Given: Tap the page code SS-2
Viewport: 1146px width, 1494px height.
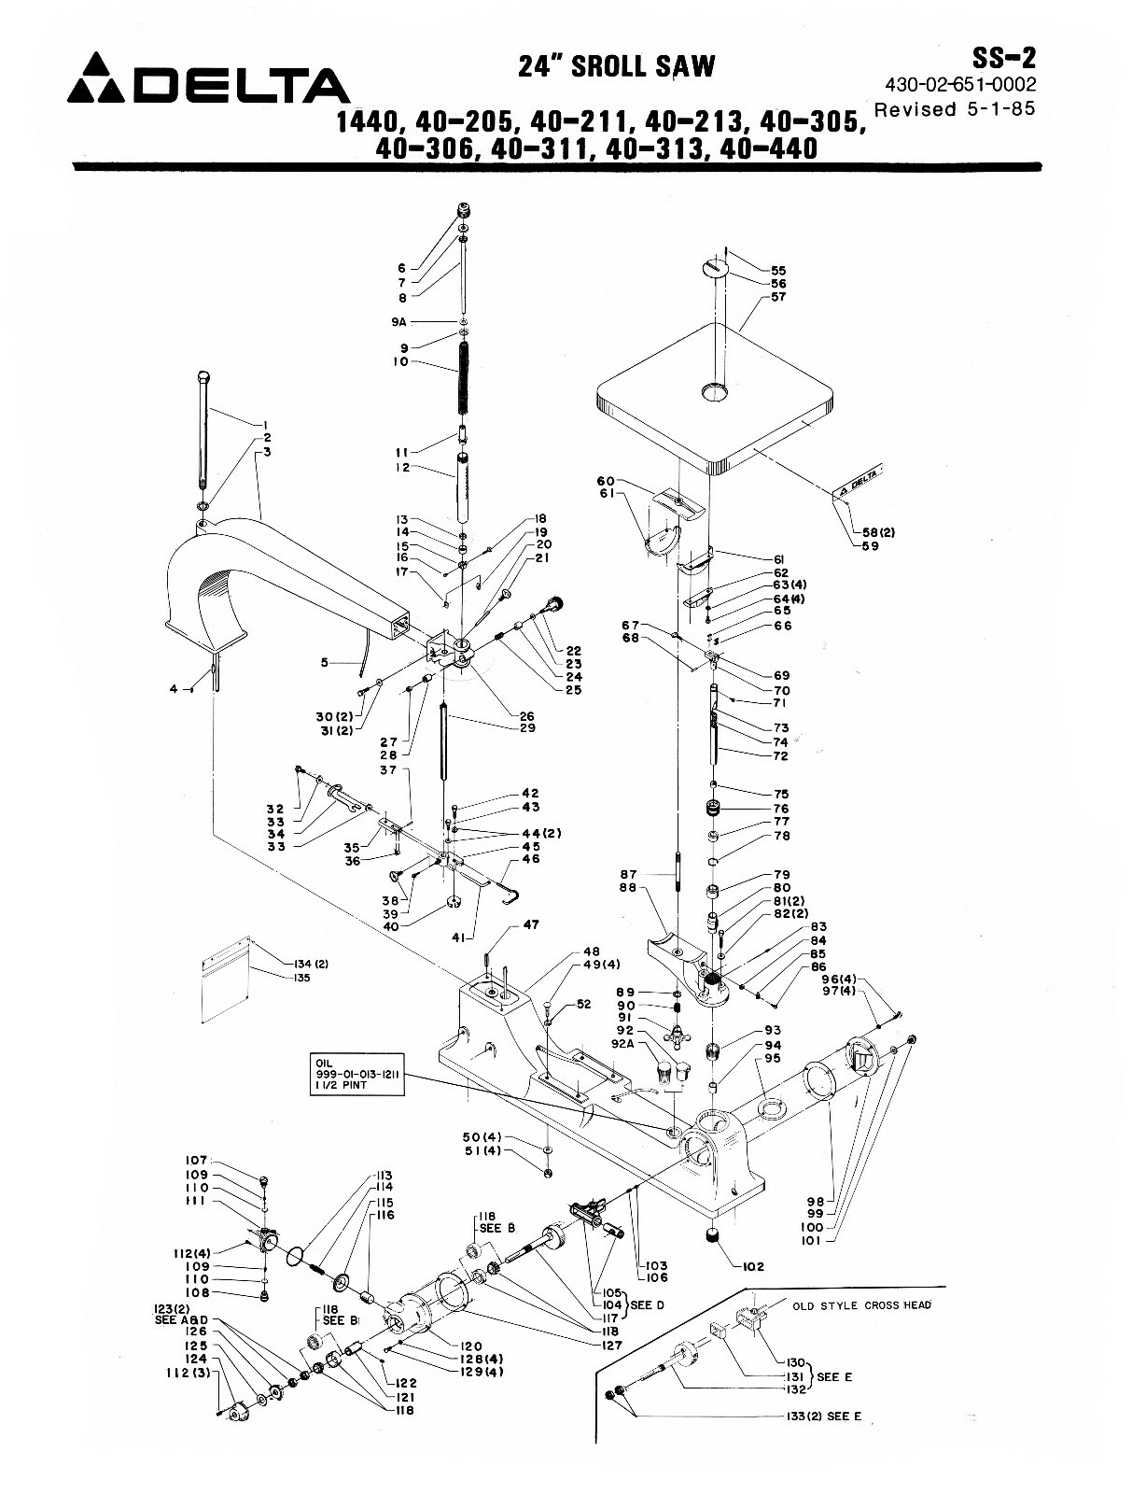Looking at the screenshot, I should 1003,58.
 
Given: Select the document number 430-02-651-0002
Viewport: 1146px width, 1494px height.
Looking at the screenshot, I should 960,85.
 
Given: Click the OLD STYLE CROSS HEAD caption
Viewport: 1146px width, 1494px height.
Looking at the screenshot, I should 861,1304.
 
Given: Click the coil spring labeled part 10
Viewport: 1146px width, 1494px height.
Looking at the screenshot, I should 464,384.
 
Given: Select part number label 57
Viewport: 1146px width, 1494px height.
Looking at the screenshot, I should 778,297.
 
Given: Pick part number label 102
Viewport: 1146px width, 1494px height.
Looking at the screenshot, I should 753,1266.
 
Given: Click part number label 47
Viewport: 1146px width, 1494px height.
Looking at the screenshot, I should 531,925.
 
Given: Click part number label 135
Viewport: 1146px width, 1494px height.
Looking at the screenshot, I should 300,979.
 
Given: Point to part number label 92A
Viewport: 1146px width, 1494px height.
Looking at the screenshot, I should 622,1045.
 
